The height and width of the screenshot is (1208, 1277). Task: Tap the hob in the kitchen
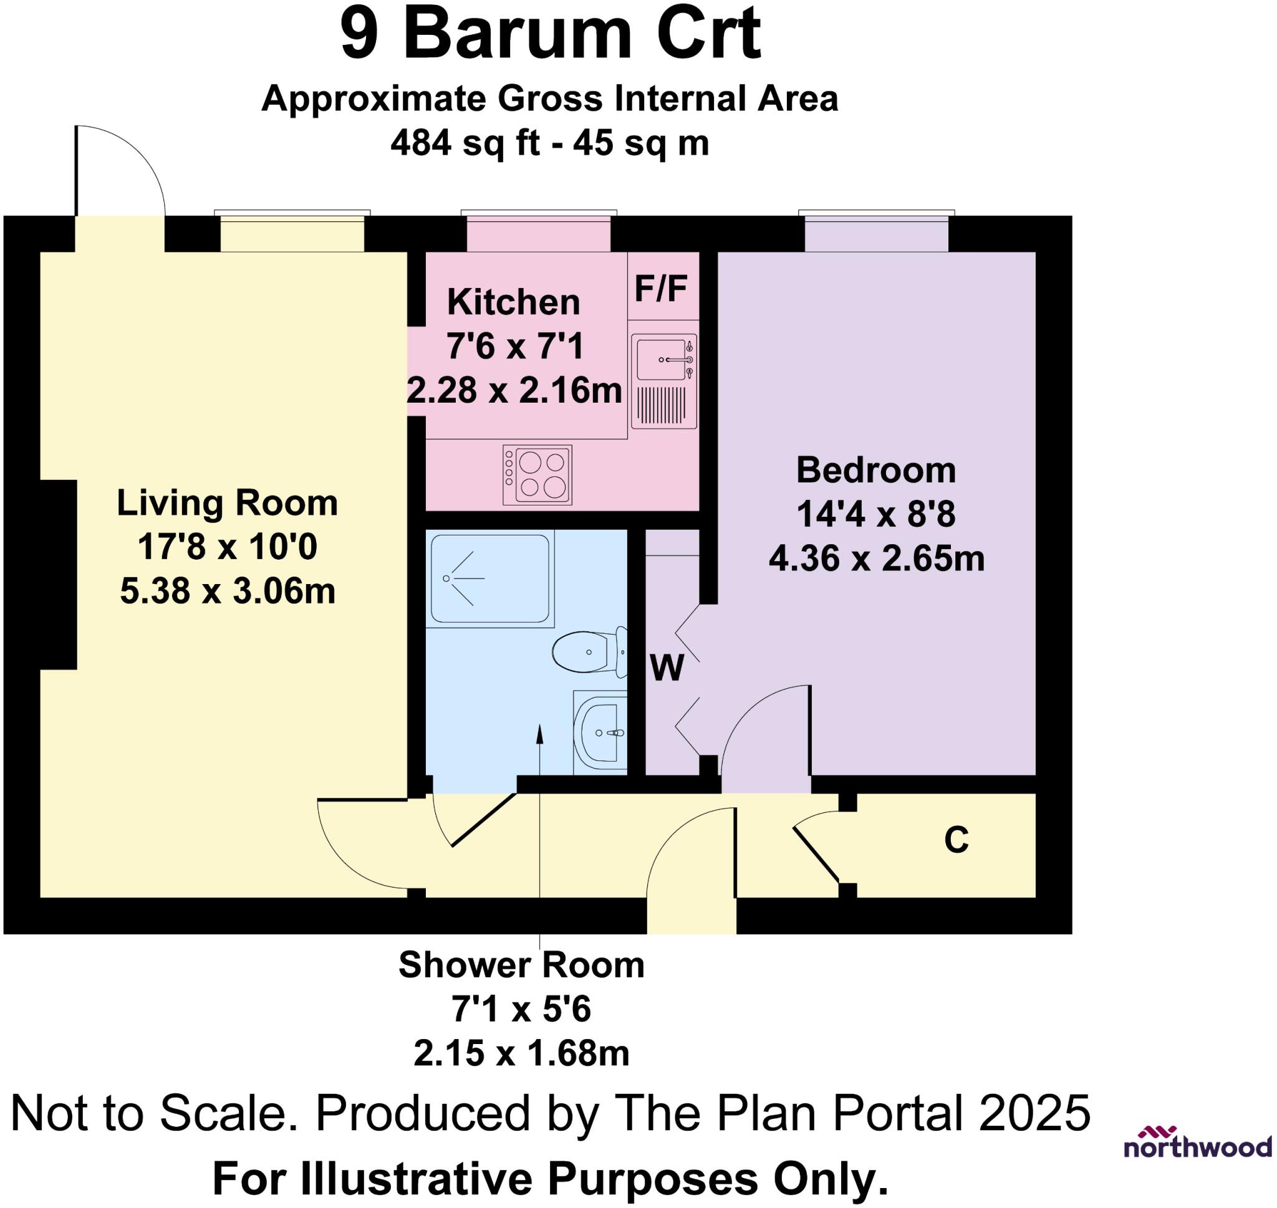pos(537,474)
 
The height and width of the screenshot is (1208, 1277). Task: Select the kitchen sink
pos(663,381)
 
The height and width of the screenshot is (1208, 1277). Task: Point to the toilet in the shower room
pos(590,651)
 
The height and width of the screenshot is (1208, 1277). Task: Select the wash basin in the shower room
pos(600,733)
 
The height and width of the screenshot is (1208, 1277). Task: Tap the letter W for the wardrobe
pos(667,668)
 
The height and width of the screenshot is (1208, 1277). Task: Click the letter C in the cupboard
pos(957,840)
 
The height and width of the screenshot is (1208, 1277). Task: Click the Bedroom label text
pos(876,470)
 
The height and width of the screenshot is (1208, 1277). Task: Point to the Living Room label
pos(228,503)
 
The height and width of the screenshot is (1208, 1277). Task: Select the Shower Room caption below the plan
pos(522,965)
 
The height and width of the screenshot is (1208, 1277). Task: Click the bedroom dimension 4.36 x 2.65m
pos(877,558)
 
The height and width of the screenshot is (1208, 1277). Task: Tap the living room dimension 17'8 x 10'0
pos(228,547)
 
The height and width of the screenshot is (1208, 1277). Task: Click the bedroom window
pos(877,231)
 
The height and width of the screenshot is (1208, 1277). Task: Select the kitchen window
pos(539,231)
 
